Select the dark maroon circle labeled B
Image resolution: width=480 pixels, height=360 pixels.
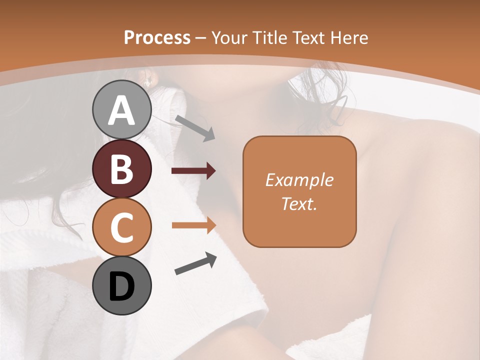pyautogui.click(x=122, y=168)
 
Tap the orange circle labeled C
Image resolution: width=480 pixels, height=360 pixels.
pyautogui.click(x=122, y=227)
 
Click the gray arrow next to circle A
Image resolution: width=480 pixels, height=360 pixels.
pyautogui.click(x=195, y=127)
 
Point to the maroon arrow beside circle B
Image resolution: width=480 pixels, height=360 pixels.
pyautogui.click(x=193, y=171)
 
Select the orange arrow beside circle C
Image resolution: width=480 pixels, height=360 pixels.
pyautogui.click(x=194, y=225)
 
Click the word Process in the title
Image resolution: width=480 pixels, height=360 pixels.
pyautogui.click(x=157, y=37)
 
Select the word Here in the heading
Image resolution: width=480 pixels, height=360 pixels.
pyautogui.click(x=350, y=37)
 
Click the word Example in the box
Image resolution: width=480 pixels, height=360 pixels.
pyautogui.click(x=299, y=180)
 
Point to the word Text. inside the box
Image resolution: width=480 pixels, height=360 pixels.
pyautogui.click(x=299, y=203)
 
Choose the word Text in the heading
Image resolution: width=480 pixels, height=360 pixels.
pyautogui.click(x=309, y=37)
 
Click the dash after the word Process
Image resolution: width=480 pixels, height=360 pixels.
pyautogui.click(x=200, y=38)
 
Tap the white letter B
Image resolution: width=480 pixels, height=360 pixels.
pyautogui.click(x=122, y=169)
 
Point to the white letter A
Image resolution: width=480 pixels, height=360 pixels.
pyautogui.click(x=122, y=110)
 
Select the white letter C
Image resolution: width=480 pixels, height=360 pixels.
pyautogui.click(x=122, y=227)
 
